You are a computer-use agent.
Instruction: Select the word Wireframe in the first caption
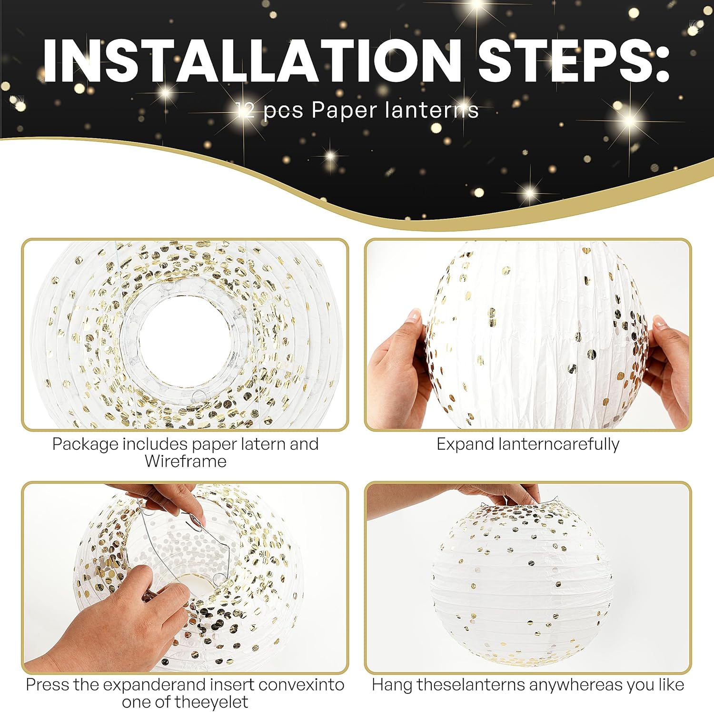click(186, 461)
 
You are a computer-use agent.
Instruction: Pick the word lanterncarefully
click(559, 445)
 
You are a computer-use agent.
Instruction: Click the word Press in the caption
click(48, 685)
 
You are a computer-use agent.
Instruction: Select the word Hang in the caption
click(392, 685)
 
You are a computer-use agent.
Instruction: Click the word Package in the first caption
click(85, 445)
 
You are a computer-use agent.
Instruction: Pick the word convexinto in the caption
click(301, 685)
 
